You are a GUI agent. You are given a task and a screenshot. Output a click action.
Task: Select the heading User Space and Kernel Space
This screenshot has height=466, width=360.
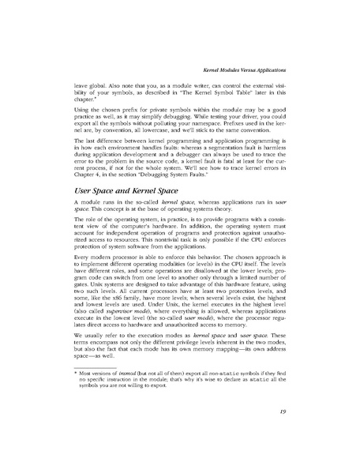[x=130, y=190]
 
